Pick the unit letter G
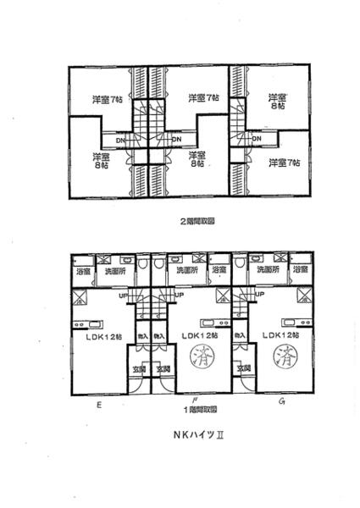[280, 400]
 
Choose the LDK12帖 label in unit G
[280, 335]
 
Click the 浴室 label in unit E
[83, 271]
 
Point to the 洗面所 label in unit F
[187, 270]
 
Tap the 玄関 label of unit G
[244, 369]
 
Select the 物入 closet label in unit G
[240, 337]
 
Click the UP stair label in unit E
[124, 296]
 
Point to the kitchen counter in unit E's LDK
[88, 323]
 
